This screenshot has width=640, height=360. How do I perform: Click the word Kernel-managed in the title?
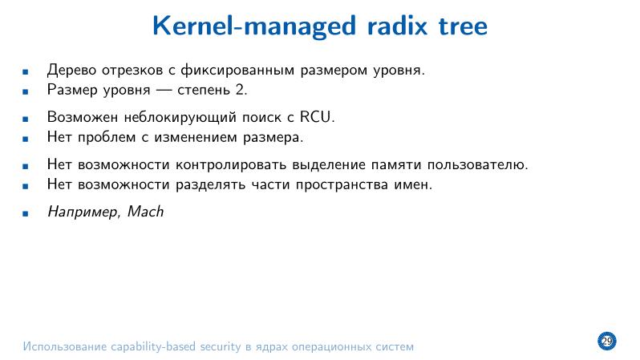click(250, 26)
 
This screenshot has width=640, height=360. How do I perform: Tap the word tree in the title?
click(460, 26)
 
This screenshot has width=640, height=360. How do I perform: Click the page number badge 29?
click(606, 342)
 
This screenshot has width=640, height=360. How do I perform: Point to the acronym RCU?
click(315, 117)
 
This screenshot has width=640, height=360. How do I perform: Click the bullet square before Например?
click(26, 214)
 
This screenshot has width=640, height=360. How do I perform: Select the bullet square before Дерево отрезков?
click(26, 71)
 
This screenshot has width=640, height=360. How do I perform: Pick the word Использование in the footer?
click(61, 347)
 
